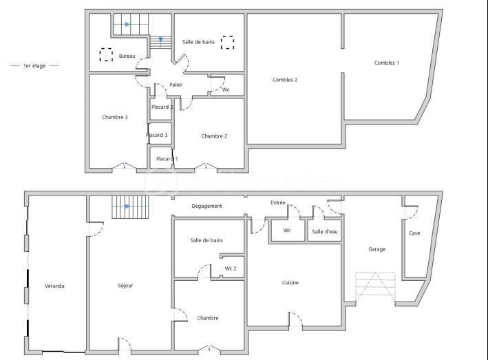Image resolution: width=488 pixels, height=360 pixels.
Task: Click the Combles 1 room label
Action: coord(386,63)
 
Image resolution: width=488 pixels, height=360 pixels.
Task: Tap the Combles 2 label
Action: coord(285,80)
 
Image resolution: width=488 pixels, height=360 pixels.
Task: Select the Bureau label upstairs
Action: coord(127,56)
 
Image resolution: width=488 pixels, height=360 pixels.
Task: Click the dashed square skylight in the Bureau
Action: coord(106,55)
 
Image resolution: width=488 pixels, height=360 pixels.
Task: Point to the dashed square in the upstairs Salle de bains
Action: coord(228,43)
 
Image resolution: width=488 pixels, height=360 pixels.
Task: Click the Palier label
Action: coord(176,85)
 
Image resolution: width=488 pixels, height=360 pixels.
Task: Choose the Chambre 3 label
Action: coord(115,117)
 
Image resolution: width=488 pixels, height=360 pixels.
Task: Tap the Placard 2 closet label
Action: coord(162,107)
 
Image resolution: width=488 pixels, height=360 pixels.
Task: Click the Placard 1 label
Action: coord(167,159)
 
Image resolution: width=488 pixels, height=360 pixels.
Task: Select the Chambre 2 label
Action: coord(214,136)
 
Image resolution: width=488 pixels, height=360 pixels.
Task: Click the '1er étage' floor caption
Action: coord(35,65)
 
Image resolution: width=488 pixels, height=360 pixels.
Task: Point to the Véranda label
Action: coord(54,285)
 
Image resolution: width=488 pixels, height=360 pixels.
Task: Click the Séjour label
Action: coord(125,285)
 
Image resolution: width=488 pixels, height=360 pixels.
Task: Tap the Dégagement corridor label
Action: coord(206,206)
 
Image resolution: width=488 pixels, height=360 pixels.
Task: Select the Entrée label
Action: coord(277,202)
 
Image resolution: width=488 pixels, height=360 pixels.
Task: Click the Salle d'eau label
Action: coord(325,231)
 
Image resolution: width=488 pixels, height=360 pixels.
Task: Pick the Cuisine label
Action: coord(290,282)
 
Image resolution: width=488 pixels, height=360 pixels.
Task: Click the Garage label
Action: coord(376,249)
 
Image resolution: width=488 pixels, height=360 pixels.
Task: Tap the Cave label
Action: coord(414,233)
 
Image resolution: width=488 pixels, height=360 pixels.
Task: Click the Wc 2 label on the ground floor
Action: coord(231,268)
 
